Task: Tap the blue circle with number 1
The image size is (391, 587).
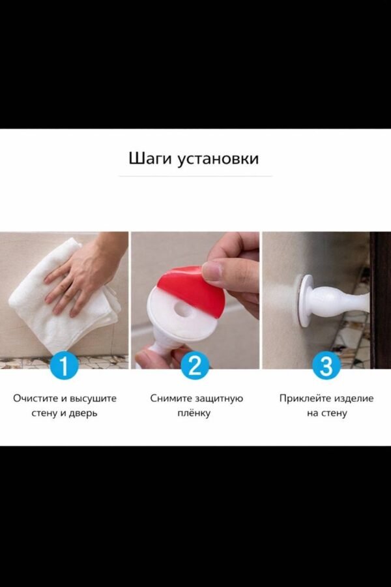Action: (64, 365)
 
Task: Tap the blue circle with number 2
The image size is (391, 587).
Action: (195, 365)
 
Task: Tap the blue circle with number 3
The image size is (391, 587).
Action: (326, 365)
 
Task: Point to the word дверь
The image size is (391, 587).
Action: (83, 414)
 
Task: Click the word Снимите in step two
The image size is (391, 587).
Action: (171, 398)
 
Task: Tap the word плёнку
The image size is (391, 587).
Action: (195, 414)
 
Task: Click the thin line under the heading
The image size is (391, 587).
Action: (195, 176)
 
